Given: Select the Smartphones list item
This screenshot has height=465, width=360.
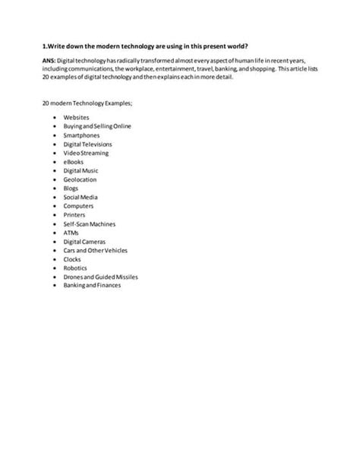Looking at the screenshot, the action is [81, 135].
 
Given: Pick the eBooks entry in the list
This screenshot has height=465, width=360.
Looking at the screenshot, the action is [74, 161].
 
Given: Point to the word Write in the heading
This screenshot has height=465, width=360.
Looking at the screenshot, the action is [57, 45].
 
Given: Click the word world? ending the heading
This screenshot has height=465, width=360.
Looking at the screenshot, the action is [235, 45].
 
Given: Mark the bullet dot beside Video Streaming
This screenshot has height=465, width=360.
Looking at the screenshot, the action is [55, 153].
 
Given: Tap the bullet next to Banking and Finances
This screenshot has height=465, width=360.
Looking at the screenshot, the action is [55, 285].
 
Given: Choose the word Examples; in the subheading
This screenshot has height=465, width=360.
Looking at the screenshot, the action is [109, 103].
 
